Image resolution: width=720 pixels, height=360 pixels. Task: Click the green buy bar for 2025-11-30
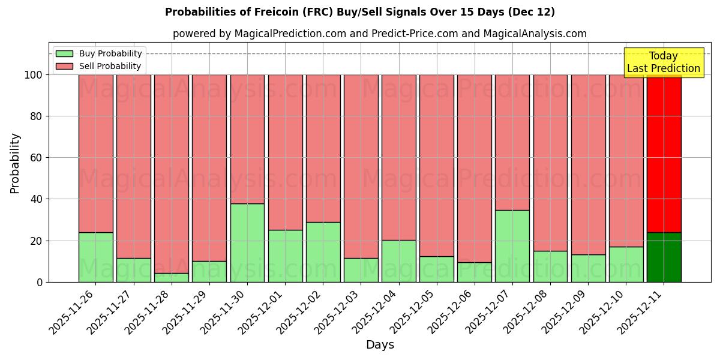point(247,243)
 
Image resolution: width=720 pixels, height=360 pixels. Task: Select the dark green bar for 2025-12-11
point(664,257)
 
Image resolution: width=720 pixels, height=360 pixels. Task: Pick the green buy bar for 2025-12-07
point(512,246)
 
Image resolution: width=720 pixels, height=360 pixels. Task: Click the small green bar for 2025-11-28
point(172,278)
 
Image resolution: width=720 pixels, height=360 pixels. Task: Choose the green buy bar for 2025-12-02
point(323,252)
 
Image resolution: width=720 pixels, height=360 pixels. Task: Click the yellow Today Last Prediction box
point(664,62)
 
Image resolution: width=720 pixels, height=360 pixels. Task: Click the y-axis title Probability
point(15,163)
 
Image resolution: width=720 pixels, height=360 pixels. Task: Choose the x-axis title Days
point(380,345)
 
